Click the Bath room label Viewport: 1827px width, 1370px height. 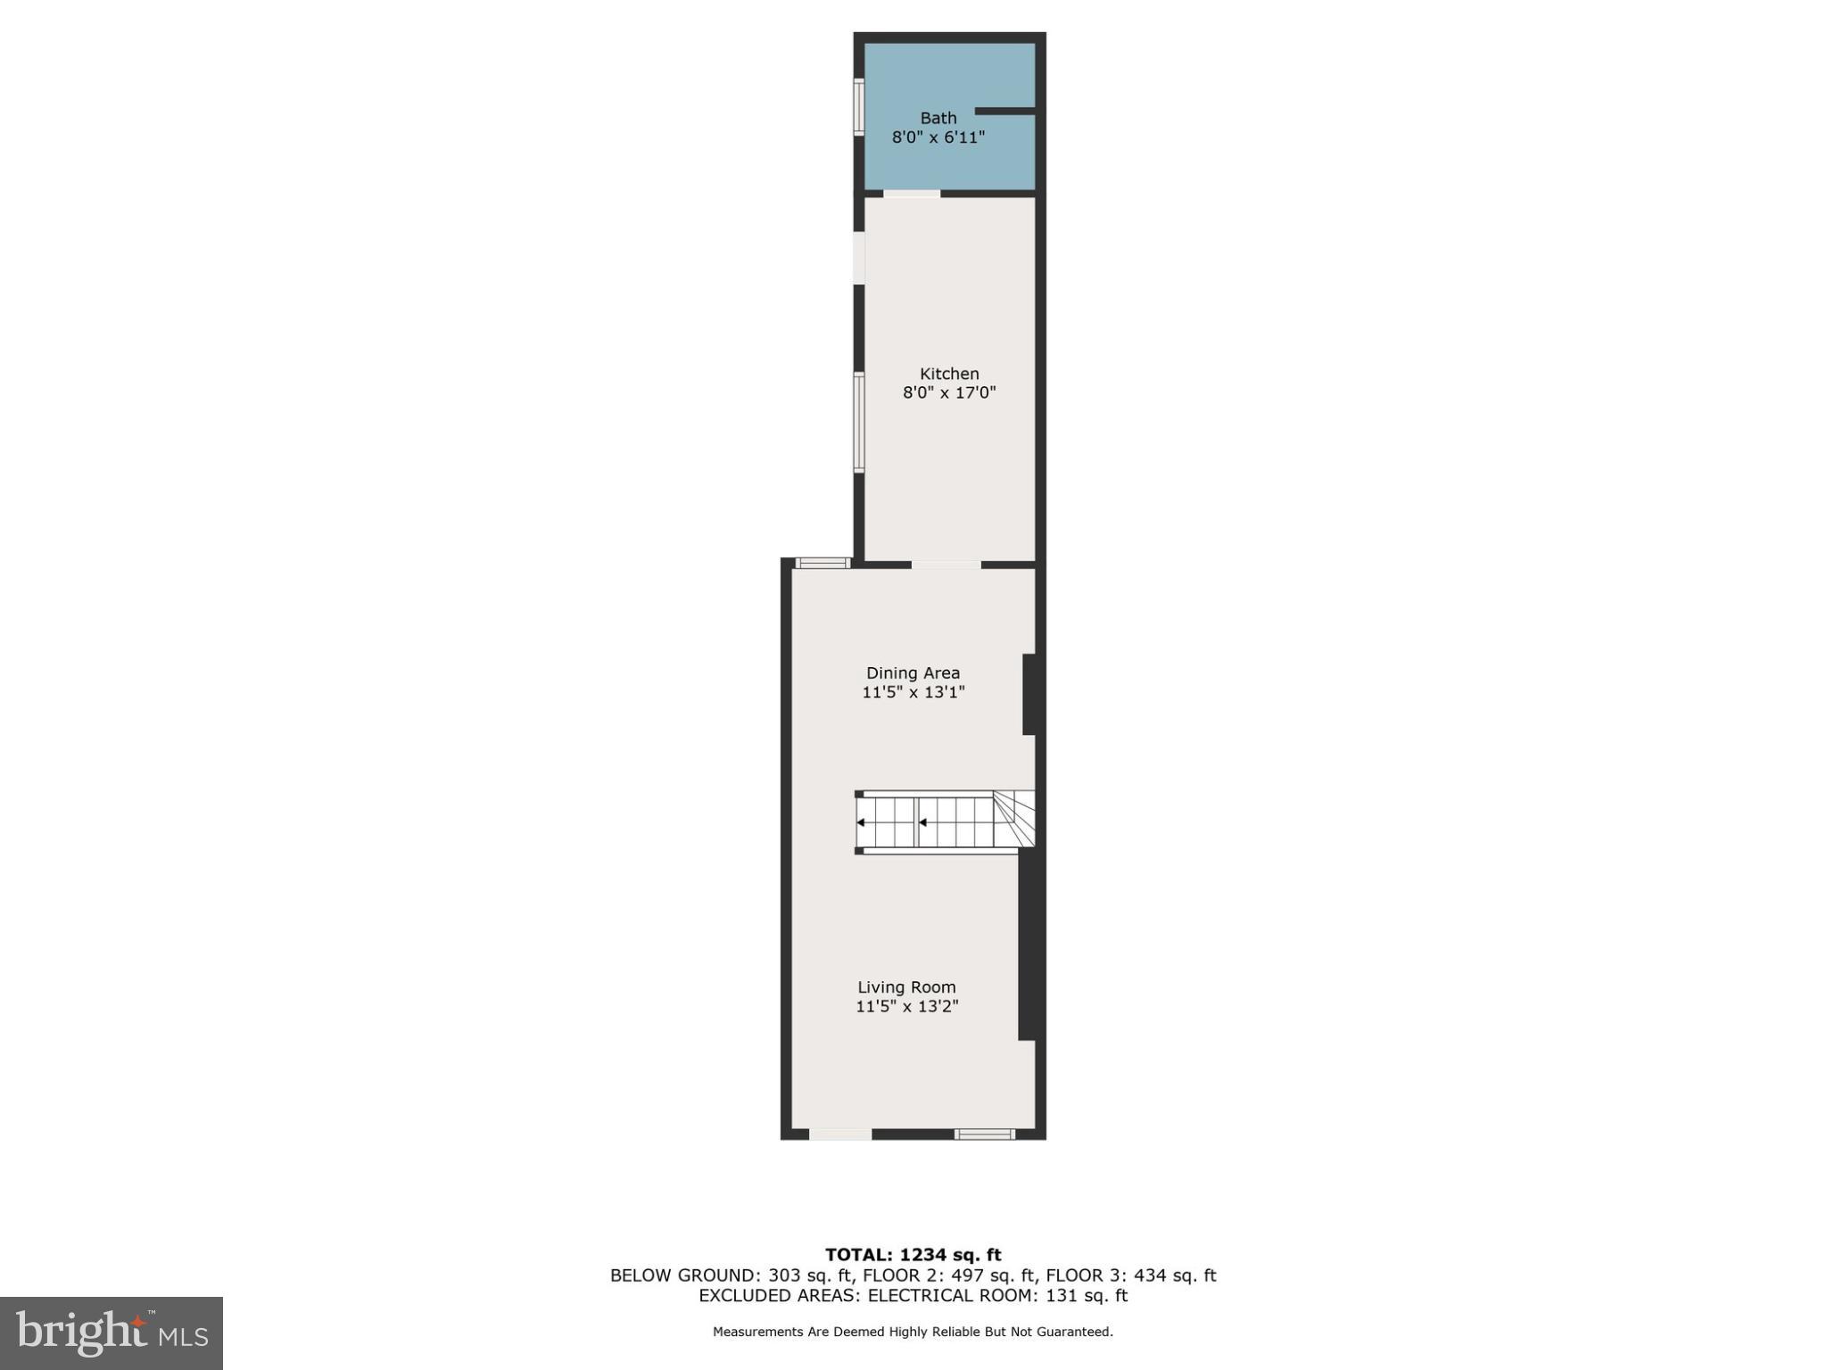pyautogui.click(x=938, y=118)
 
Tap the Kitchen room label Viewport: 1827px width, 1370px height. pyautogui.click(x=949, y=374)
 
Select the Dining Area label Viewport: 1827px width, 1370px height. pyautogui.click(x=913, y=673)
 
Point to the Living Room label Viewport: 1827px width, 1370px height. pyautogui.click(x=906, y=986)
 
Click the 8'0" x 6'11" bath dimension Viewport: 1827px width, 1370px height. pyautogui.click(x=938, y=137)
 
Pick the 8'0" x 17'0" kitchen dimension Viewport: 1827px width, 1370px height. pyautogui.click(x=949, y=392)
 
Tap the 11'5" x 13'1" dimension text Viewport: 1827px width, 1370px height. pyautogui.click(x=913, y=692)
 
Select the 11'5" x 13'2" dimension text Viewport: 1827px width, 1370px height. pyautogui.click(x=907, y=1006)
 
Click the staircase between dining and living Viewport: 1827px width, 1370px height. pyautogui.click(x=944, y=821)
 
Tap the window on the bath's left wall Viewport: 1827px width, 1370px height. pyautogui.click(x=859, y=107)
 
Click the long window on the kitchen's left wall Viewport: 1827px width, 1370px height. pyautogui.click(x=859, y=422)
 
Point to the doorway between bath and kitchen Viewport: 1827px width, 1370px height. pyautogui.click(x=912, y=193)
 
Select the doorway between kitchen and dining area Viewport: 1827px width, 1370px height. pyautogui.click(x=946, y=564)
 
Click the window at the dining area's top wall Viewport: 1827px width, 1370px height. pyautogui.click(x=823, y=562)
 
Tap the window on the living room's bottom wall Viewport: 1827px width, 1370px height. pyautogui.click(x=984, y=1134)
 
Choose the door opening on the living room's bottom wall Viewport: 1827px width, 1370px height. pyautogui.click(x=840, y=1134)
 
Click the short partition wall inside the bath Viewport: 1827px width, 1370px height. pyautogui.click(x=1004, y=111)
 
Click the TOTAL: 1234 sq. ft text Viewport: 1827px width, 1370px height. pyautogui.click(x=913, y=1255)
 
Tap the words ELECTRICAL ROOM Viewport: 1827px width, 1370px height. pyautogui.click(x=949, y=1295)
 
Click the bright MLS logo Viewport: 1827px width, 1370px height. pyautogui.click(x=112, y=1333)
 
